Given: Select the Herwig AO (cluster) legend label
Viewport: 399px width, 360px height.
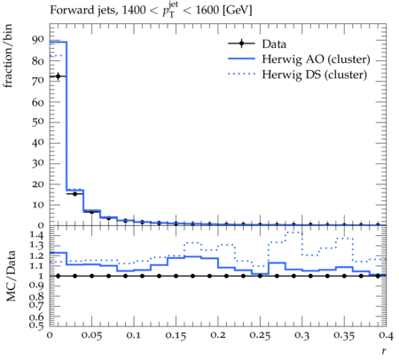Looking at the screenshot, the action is coord(316,59).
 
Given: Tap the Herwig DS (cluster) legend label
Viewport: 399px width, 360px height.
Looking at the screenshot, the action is coord(315,74).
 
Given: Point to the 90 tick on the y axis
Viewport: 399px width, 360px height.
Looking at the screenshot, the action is coord(38,39).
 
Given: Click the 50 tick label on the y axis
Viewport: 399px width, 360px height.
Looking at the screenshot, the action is coord(38,121).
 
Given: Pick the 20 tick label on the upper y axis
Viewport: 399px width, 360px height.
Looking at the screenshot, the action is coord(38,184).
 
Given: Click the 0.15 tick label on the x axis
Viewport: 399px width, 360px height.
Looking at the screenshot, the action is coord(176,335).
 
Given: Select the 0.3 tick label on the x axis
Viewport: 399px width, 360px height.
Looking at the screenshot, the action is coord(302,335).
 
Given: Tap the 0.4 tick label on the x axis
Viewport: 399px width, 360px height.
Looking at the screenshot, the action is coord(386,335).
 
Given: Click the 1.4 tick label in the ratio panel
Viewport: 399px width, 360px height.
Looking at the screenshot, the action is coord(36,235).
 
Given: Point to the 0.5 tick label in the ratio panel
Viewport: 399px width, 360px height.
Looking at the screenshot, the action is coord(36,325).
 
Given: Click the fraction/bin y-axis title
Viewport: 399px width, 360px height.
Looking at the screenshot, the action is coord(8,56).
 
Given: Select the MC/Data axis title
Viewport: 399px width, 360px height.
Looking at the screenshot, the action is coord(11,276).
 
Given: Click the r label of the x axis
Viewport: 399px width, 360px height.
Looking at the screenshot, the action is coord(384,351).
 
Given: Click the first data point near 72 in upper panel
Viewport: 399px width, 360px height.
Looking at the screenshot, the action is coord(58,76).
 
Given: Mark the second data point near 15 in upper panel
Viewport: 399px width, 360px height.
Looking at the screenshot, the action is coord(74,194).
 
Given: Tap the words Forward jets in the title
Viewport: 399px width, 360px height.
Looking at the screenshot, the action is coord(84,11).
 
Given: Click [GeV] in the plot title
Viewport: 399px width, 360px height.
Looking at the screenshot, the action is coord(237,11).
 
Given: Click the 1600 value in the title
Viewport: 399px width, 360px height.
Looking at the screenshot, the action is coord(207,11).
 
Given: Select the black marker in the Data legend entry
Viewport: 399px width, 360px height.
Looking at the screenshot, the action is coord(241,43).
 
